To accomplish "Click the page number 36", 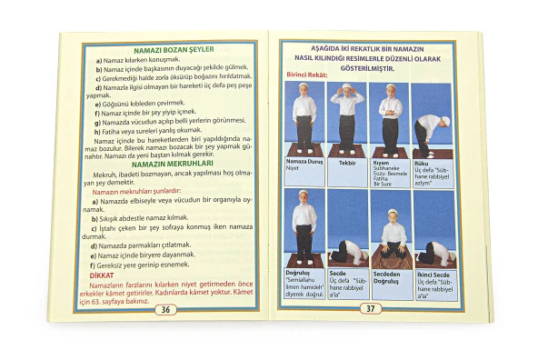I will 164,309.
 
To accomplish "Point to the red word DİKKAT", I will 103,275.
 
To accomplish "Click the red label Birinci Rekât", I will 309,75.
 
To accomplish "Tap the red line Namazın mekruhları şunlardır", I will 134,193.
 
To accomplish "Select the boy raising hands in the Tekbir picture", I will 346,114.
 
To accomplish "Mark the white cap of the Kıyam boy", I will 391,88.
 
